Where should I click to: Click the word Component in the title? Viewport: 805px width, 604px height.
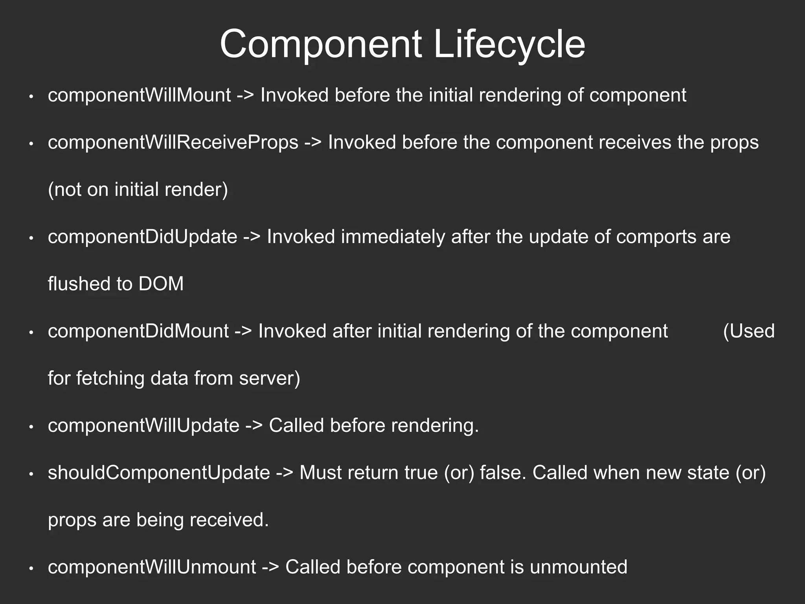tap(321, 44)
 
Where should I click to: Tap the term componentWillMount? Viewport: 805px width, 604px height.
tap(140, 95)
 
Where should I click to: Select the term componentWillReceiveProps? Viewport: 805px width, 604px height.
tap(173, 142)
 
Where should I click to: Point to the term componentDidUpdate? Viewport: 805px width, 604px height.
tap(143, 237)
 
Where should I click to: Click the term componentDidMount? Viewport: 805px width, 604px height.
tap(138, 331)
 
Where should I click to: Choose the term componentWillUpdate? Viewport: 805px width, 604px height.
tap(143, 425)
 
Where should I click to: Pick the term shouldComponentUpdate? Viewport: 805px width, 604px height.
tap(159, 473)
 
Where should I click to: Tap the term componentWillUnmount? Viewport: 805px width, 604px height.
tap(152, 567)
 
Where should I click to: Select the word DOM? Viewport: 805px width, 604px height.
tap(161, 284)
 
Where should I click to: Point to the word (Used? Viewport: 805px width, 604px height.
tap(749, 331)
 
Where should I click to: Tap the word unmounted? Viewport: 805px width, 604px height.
tap(579, 567)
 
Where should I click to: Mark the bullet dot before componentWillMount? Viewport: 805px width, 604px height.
tap(31, 96)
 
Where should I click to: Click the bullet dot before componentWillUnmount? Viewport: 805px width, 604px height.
tap(31, 568)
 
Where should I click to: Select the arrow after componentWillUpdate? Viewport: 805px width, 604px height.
tap(254, 426)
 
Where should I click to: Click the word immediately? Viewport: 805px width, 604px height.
tap(393, 237)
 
